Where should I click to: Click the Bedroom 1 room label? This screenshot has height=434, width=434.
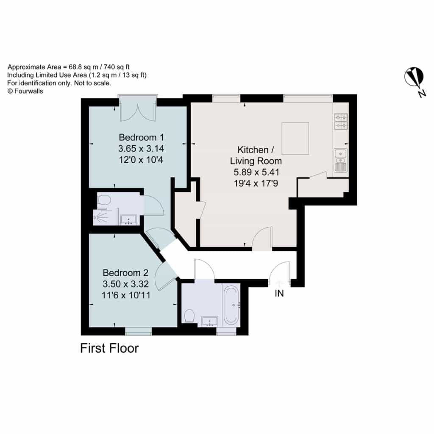141,137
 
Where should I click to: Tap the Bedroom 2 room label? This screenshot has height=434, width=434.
125,273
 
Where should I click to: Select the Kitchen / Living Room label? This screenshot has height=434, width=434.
256,155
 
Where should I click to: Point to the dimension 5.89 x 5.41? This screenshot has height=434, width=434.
256,172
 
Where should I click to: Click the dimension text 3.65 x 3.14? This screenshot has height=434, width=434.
141,149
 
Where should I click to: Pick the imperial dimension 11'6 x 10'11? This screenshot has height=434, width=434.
126,295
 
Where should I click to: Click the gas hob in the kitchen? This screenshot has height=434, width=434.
341,122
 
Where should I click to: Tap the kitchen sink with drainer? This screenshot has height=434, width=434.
341,161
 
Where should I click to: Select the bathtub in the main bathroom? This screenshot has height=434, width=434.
231,305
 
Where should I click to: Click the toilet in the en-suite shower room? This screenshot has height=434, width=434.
103,200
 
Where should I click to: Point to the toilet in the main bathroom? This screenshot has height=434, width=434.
189,316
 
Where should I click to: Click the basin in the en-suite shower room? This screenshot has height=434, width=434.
128,220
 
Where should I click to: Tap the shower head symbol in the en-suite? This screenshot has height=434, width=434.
101,217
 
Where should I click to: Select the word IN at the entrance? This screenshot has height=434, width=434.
279,293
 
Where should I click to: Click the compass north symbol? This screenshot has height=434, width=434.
415,78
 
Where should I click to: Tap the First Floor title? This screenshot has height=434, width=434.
109,348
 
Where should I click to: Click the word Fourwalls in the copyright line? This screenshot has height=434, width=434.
29,91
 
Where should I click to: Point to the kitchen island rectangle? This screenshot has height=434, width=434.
295,139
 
